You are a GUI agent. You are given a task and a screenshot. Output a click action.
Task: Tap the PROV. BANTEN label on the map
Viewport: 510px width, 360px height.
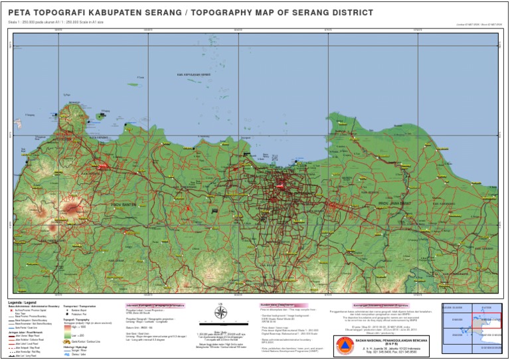[124, 205]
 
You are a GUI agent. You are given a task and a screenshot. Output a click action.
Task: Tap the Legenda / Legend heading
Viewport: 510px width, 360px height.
[23, 303]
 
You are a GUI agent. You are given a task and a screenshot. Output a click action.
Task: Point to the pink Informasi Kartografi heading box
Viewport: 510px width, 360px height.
[154, 306]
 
